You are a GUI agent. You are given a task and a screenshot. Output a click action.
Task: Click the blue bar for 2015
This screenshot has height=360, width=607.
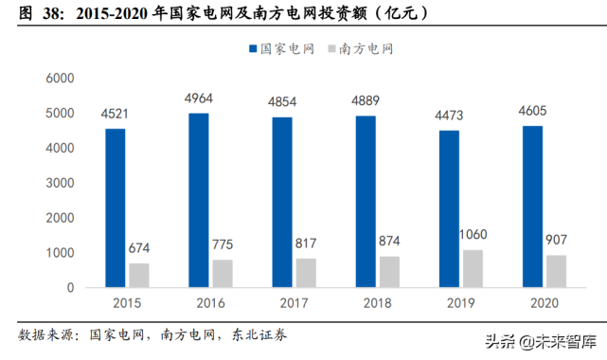115,208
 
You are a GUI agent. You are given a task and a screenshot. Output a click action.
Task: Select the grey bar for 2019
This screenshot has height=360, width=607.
473,269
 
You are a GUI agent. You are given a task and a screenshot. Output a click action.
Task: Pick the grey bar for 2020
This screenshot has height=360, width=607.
556,272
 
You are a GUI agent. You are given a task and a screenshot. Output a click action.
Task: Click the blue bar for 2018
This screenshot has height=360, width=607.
366,202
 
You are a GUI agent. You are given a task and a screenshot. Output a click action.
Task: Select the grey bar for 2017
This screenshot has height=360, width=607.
307,273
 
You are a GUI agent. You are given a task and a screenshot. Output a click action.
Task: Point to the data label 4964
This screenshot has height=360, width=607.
198,99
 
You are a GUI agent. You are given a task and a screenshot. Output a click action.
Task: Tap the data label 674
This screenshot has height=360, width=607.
139,249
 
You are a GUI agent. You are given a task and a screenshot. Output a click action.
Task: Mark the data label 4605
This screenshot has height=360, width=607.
533,112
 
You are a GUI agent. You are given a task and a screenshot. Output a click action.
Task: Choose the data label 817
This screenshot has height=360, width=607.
307,244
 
